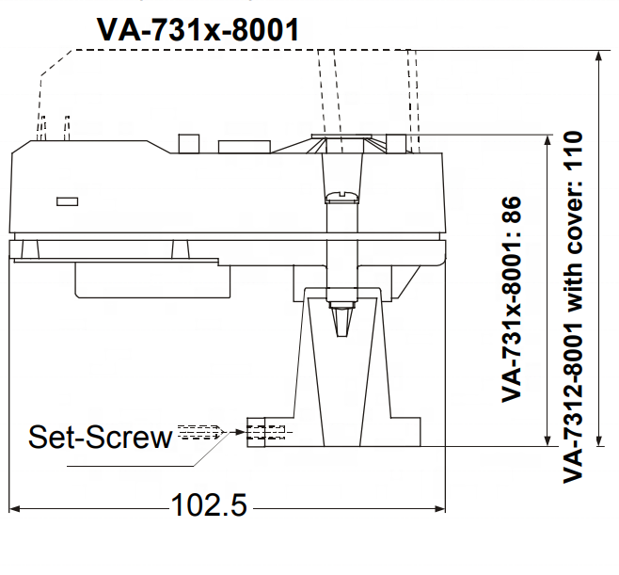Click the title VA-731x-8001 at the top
(x=198, y=29)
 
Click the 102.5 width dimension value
(x=209, y=505)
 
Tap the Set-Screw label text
(x=101, y=437)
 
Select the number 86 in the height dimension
(x=512, y=209)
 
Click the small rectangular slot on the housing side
(x=67, y=201)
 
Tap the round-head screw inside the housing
(x=341, y=197)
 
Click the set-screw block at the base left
(x=256, y=432)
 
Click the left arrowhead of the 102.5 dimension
(x=14, y=508)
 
